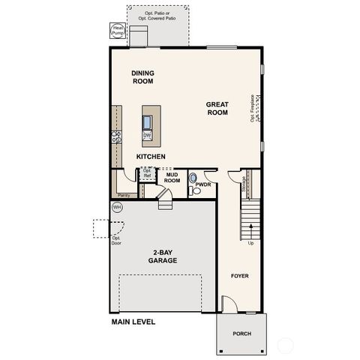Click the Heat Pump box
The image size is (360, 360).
point(118,31)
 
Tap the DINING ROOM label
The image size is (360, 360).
point(142,77)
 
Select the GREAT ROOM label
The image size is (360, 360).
point(217,108)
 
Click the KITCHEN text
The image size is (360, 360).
point(151,156)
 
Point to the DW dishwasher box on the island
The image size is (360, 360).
point(148,136)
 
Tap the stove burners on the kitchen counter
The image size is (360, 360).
point(116,136)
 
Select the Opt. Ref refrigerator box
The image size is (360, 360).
point(147,173)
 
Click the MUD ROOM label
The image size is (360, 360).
point(172,178)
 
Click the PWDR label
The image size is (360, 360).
point(202,184)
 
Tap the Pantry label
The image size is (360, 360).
point(123,193)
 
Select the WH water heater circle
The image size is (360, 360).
point(116,207)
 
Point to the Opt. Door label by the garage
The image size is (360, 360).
point(115,240)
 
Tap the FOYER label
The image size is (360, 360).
point(239,276)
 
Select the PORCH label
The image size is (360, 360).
point(241,334)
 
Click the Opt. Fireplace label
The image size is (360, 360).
point(253,108)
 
